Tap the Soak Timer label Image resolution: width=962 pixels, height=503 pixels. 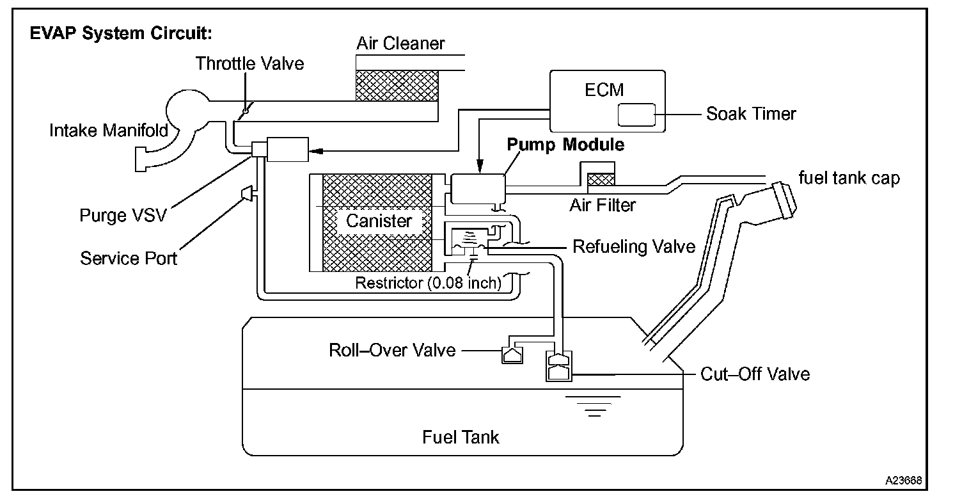point(751,114)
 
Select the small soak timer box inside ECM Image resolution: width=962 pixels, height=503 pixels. point(636,115)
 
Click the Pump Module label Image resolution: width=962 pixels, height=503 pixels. point(565,145)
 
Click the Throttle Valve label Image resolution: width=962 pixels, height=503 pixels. point(249,63)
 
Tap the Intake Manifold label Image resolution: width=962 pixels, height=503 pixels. point(109,131)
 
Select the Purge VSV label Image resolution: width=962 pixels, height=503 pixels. point(123,215)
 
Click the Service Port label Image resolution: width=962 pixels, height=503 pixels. point(129,258)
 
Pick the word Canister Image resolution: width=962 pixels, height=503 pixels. point(379,221)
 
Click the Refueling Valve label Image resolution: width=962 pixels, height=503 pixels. point(633,246)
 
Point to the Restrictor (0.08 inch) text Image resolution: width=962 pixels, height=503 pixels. point(428,282)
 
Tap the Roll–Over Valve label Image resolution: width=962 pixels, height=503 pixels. point(392,350)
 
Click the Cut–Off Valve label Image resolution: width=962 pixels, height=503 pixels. point(755,374)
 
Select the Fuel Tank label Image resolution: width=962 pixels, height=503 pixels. point(461,437)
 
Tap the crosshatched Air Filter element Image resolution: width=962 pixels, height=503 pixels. point(601,179)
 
